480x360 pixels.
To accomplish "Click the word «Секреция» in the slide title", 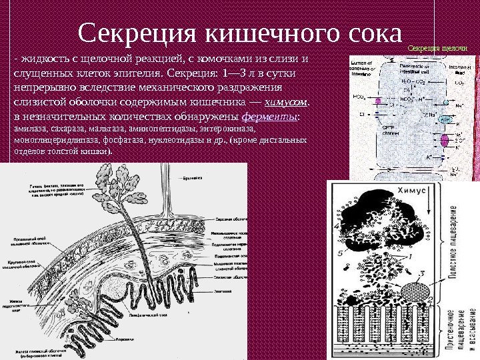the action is coord(137,33).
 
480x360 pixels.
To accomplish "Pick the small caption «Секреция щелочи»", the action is coord(437,49).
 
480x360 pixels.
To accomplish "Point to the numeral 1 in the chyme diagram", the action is coord(411,255).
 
